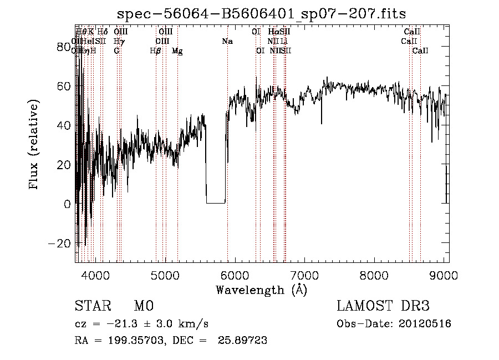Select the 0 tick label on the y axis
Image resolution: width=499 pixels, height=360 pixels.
pyautogui.click(x=67, y=204)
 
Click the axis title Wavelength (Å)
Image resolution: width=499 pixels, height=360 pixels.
pyautogui.click(x=261, y=290)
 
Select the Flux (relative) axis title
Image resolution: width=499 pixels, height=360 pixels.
pyautogui.click(x=34, y=145)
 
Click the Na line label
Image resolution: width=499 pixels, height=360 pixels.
pyautogui.click(x=227, y=41)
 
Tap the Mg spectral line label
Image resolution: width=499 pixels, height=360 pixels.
pyautogui.click(x=177, y=51)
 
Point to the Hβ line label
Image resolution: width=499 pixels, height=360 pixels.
pyautogui.click(x=156, y=51)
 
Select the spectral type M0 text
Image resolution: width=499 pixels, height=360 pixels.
pyautogui.click(x=143, y=306)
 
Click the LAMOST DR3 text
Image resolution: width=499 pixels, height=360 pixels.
pyautogui.click(x=383, y=306)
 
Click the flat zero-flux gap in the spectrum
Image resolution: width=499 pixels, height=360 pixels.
pyautogui.click(x=216, y=202)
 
